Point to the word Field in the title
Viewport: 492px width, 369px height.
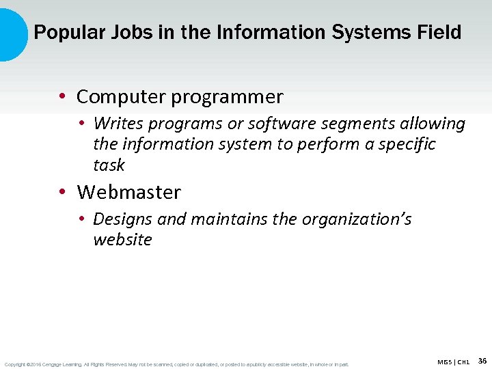438,32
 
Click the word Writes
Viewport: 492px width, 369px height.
114,124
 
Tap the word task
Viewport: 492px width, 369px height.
109,165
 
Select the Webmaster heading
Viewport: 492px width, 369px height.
128,193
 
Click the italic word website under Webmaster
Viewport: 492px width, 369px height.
122,240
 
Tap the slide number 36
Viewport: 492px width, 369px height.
482,360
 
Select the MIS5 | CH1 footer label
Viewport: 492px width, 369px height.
453,361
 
